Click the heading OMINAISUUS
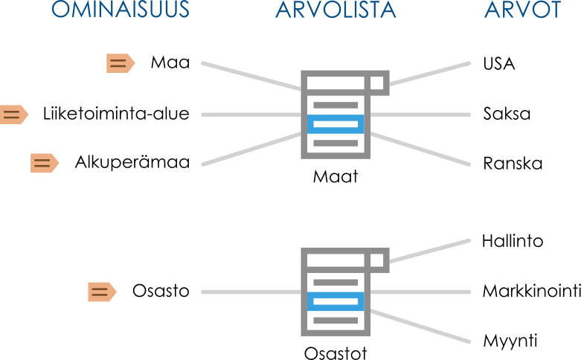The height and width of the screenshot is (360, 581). (121, 10)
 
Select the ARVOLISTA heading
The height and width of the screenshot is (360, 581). (336, 10)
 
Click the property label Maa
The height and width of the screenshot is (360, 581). (170, 62)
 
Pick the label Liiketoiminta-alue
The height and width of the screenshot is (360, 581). (116, 114)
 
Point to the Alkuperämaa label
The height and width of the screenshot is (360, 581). (132, 162)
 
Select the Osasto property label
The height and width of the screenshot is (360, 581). (161, 291)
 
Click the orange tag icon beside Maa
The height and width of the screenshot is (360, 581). (119, 63)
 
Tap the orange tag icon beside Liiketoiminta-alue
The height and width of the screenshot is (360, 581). (13, 115)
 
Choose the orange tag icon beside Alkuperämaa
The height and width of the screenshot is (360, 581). (44, 163)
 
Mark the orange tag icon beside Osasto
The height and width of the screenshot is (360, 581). (102, 292)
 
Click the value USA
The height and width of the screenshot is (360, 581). (498, 63)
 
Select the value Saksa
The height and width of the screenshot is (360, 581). (507, 115)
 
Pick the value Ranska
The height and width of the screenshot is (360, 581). (513, 163)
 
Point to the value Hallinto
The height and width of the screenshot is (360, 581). (513, 241)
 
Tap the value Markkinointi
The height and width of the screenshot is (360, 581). (531, 291)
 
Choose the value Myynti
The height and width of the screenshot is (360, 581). (510, 341)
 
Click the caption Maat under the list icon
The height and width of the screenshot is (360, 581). (335, 178)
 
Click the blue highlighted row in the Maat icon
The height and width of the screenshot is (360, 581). (336, 124)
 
